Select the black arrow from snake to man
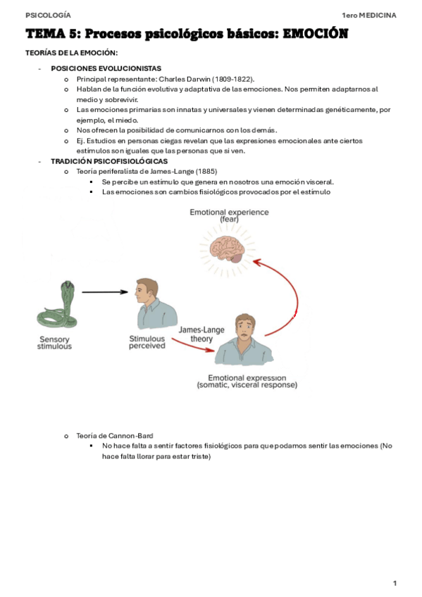[x=105, y=292]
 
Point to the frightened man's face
[x=245, y=327]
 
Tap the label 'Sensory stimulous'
[x=54, y=343]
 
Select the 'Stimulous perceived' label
[x=147, y=342]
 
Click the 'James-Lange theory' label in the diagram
[x=201, y=334]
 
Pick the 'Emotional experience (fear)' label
[x=229, y=215]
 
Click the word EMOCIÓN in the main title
[x=316, y=34]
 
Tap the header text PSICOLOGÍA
[x=48, y=15]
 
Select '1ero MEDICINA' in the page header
[x=369, y=15]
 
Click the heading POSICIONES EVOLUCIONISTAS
[x=106, y=68]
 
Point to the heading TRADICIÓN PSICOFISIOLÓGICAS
[x=109, y=161]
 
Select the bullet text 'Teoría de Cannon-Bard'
[x=115, y=436]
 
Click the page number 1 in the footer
[x=395, y=583]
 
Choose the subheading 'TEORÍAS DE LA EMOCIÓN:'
[x=72, y=53]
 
